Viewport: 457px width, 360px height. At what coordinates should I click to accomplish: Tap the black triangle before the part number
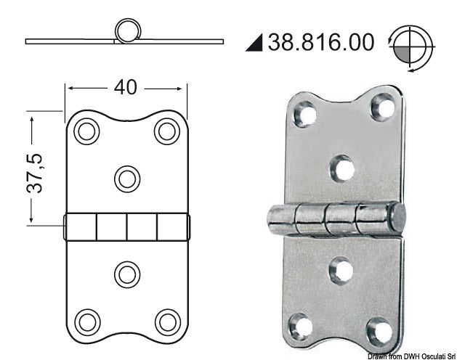pos(254,43)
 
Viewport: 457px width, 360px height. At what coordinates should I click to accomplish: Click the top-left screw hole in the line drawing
pos(87,131)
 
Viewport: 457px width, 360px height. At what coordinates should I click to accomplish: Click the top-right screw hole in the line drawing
pos(167,131)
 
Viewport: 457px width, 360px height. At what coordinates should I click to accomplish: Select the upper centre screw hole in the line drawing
pos(127,177)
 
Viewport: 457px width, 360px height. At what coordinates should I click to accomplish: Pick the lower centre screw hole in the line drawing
pos(127,274)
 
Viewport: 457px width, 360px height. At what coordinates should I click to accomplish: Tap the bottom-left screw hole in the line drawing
pos(87,321)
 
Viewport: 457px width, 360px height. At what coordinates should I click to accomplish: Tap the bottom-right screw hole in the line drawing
pos(167,321)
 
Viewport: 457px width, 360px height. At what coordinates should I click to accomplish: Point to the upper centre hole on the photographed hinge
pos(341,168)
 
